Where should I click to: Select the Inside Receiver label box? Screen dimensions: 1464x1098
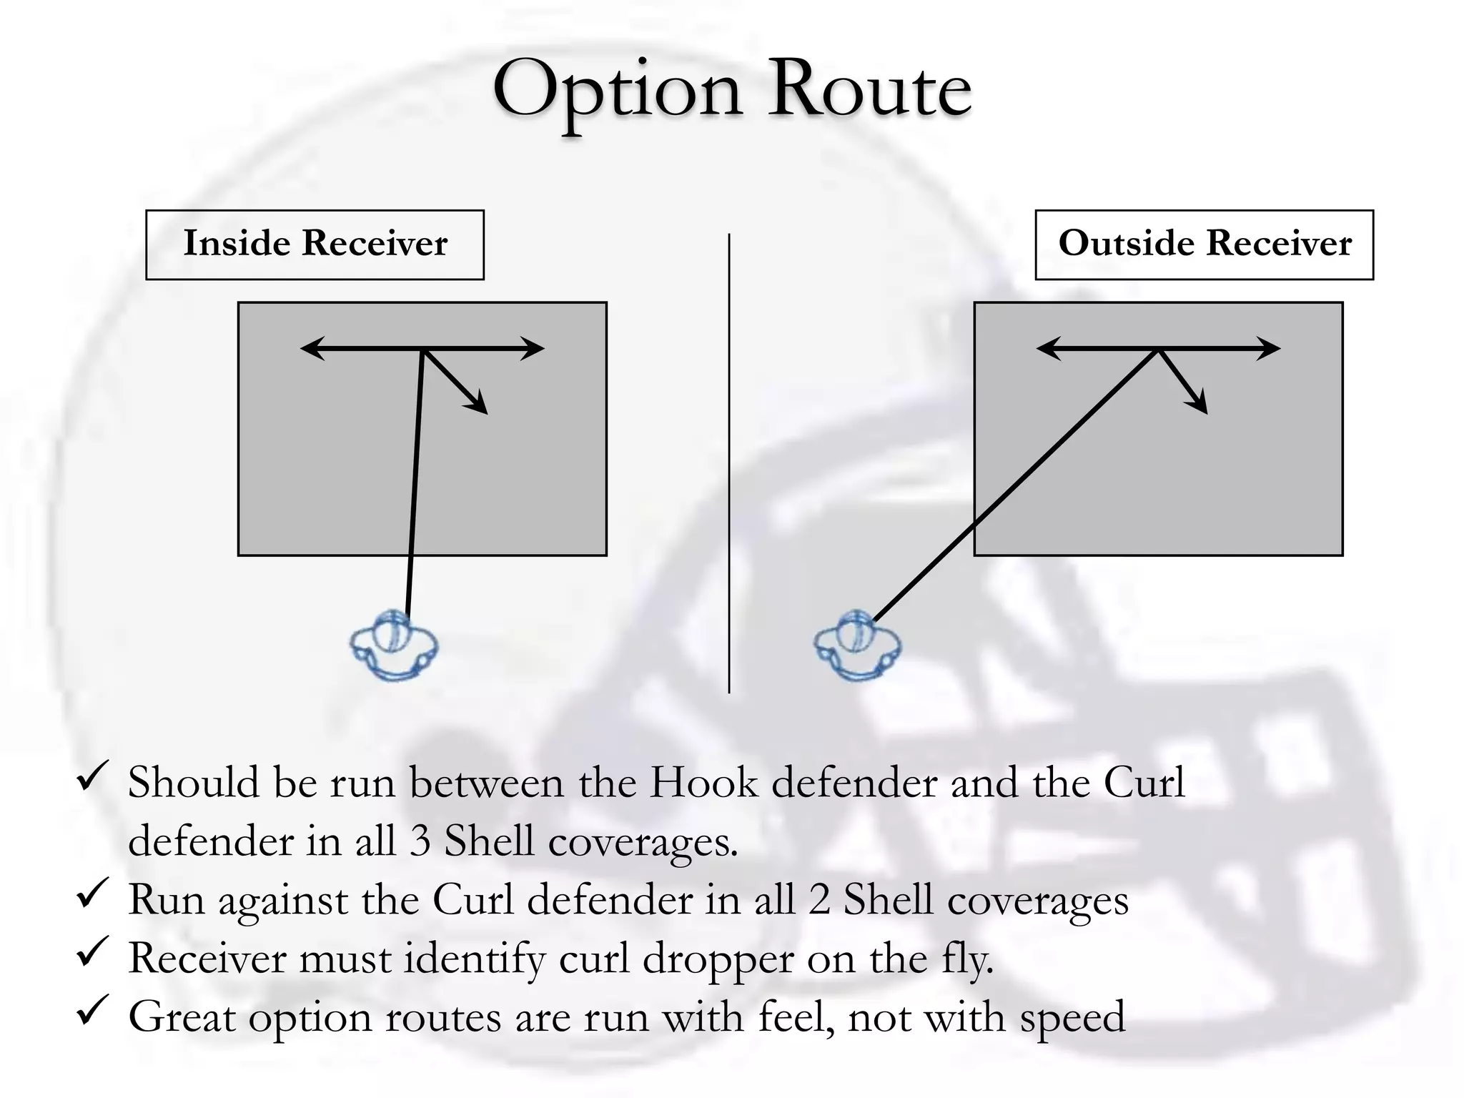click(315, 244)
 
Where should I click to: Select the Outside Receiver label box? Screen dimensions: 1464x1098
click(1205, 244)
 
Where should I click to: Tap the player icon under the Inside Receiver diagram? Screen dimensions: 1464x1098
click(393, 645)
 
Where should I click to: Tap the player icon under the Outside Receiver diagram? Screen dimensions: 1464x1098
click(857, 645)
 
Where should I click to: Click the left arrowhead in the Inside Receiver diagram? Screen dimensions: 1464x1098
click(312, 349)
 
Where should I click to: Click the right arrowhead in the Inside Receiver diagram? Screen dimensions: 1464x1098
click(533, 349)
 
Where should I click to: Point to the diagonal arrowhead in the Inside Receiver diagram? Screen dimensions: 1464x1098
click(478, 403)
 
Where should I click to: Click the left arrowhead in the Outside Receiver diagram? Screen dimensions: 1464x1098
click(1048, 349)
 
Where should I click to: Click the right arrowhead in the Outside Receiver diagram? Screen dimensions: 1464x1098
click(1268, 349)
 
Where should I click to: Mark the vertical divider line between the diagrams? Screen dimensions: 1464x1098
click(729, 463)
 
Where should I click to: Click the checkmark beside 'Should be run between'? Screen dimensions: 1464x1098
click(92, 776)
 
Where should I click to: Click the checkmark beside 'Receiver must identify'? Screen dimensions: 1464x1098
click(92, 952)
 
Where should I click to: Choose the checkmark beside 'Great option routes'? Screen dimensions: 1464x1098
click(92, 1011)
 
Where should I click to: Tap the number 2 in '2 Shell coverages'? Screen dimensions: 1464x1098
click(819, 901)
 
